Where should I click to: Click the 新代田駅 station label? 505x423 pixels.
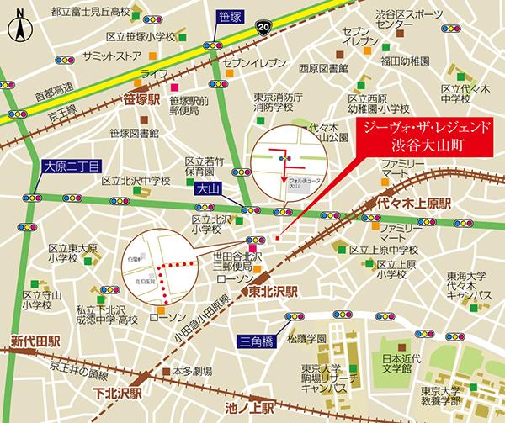35,341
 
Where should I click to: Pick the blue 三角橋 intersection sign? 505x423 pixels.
253,341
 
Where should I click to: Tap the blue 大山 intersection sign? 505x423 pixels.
207,190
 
